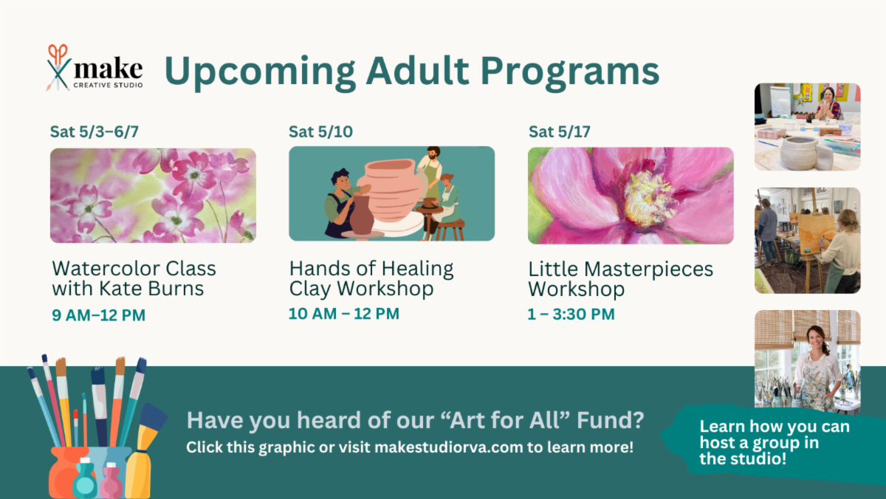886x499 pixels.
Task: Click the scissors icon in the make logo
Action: (58, 67)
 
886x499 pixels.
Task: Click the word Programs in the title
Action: (570, 72)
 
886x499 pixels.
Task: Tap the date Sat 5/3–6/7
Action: (95, 131)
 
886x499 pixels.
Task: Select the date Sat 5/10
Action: (320, 131)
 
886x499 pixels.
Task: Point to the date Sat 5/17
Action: (560, 131)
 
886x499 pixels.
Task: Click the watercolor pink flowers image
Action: (153, 196)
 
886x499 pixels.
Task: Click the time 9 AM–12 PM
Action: (98, 315)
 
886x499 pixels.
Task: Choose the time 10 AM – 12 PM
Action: (344, 314)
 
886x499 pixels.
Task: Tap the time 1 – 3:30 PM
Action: (571, 314)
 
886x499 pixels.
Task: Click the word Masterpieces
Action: (649, 269)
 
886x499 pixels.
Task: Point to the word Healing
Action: (417, 269)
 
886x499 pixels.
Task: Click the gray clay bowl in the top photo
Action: (799, 153)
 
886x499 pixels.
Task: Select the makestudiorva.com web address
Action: (449, 447)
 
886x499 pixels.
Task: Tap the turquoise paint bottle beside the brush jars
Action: (85, 478)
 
